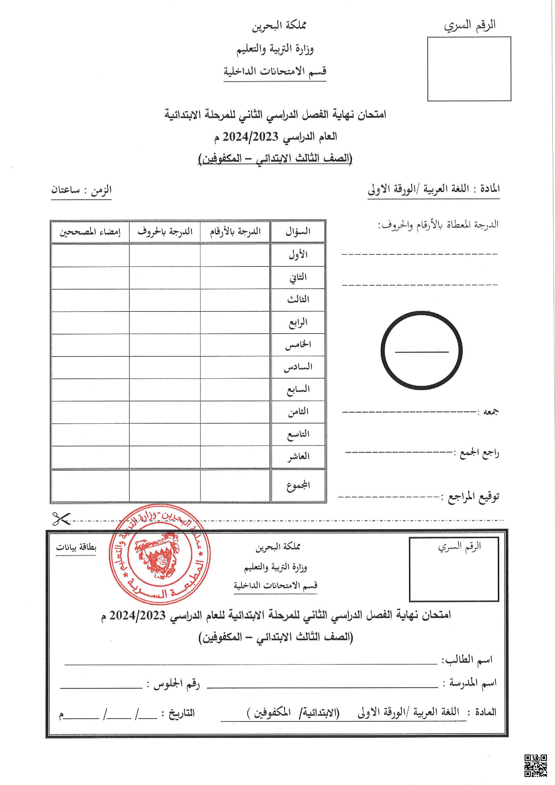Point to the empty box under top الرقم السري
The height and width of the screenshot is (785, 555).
[469, 69]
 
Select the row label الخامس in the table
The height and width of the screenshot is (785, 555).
[298, 345]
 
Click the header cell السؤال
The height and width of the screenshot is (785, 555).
[298, 231]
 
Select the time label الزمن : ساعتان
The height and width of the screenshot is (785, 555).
[81, 190]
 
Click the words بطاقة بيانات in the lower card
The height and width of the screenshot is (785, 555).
[76, 547]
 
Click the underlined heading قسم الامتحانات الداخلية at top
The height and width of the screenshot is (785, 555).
[275, 71]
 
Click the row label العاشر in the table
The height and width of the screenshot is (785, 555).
[298, 456]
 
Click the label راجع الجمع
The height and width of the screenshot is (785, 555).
[476, 453]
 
